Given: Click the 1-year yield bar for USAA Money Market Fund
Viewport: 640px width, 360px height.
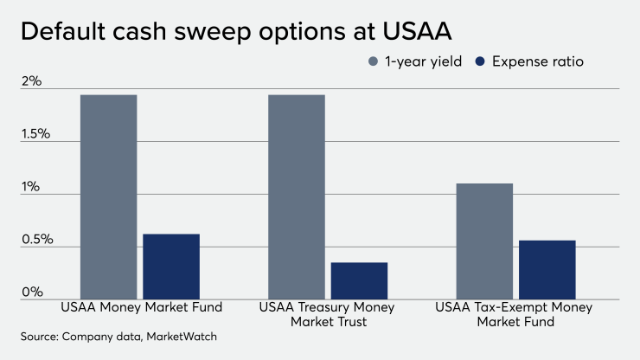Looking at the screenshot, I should pyautogui.click(x=108, y=196).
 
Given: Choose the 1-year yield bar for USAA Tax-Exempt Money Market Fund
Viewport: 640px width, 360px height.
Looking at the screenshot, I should pyautogui.click(x=484, y=241).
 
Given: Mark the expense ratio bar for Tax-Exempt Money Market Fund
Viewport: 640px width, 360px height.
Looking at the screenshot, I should pyautogui.click(x=547, y=269).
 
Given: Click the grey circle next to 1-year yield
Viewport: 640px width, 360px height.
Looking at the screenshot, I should pyautogui.click(x=373, y=61).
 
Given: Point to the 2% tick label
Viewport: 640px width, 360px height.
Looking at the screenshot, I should pyautogui.click(x=32, y=82).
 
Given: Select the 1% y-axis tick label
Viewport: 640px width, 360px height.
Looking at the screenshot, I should pyautogui.click(x=32, y=187).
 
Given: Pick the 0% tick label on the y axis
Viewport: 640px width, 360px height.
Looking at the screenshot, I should pyautogui.click(x=32, y=292).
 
